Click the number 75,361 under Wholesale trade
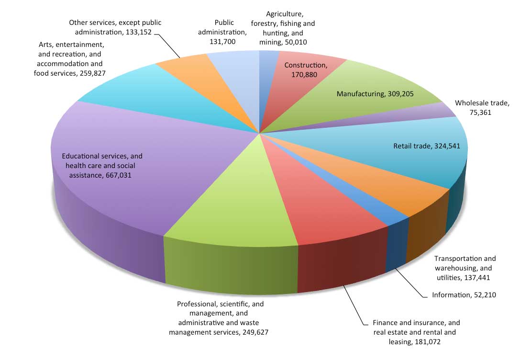(x=480, y=112)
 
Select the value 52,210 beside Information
(x=485, y=295)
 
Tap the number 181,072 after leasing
(x=428, y=342)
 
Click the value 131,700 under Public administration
(x=222, y=42)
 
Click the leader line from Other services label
(x=167, y=45)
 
